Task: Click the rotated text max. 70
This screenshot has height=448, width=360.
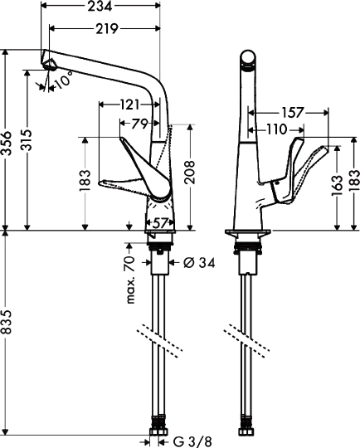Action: [x=131, y=280]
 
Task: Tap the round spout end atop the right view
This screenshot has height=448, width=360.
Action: [x=246, y=59]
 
